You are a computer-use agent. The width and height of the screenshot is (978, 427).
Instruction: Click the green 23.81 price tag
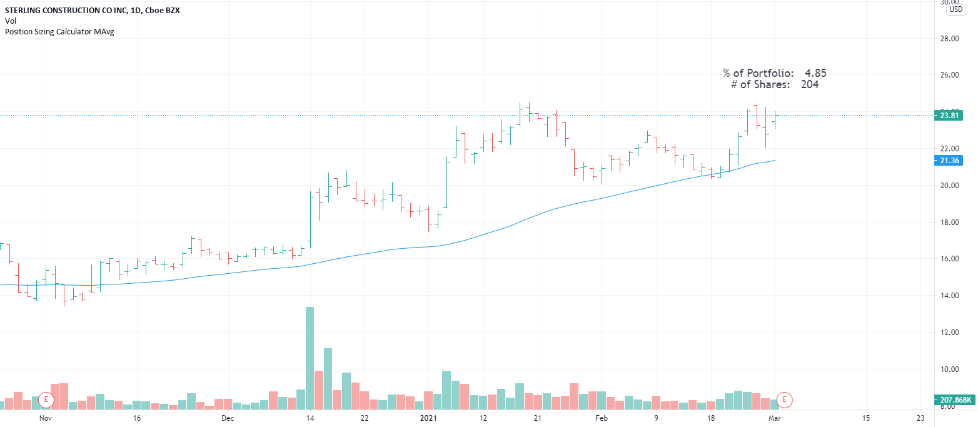tap(950, 115)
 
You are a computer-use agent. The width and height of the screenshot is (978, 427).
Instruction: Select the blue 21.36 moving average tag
tap(950, 161)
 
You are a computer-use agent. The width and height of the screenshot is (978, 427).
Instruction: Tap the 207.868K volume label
tap(955, 399)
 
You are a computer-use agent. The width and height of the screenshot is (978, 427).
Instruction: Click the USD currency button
tap(955, 9)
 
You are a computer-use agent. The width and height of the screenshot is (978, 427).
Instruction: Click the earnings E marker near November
tap(46, 399)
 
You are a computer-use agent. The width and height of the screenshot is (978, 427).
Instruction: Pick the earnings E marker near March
tap(785, 399)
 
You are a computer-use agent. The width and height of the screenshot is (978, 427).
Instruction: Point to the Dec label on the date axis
tap(228, 418)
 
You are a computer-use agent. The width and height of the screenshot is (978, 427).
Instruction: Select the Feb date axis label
tap(601, 418)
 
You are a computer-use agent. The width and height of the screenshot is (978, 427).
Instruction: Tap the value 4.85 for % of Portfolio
tap(815, 73)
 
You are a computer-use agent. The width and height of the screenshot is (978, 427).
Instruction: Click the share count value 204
tap(809, 84)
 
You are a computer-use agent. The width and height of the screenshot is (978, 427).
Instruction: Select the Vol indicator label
tap(10, 21)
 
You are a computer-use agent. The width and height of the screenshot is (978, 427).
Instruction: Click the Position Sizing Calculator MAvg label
tap(59, 31)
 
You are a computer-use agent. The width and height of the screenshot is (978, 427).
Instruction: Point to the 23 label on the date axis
tap(920, 418)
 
